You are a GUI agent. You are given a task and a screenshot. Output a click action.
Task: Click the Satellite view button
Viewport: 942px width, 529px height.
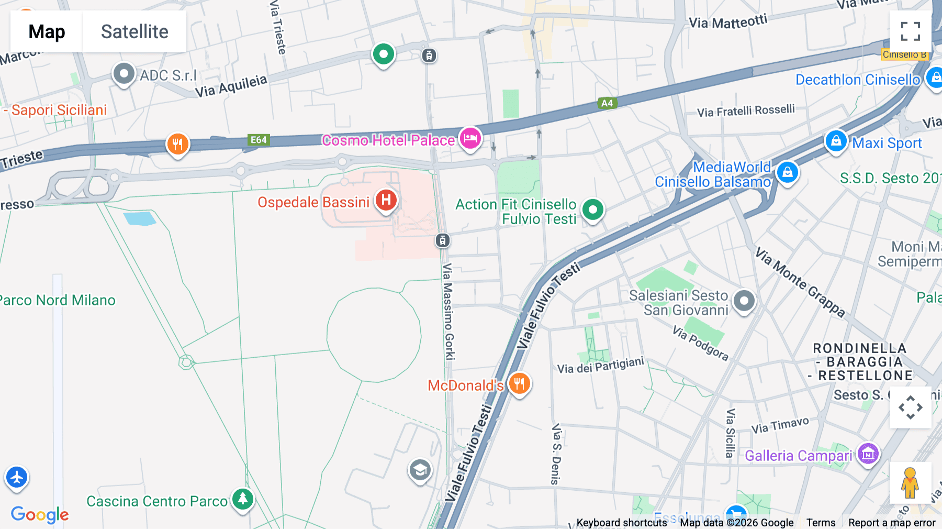134,31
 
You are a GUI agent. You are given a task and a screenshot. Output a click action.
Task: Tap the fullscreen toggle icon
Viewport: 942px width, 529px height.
910,31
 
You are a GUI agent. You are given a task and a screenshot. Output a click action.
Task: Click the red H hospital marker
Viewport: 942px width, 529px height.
386,200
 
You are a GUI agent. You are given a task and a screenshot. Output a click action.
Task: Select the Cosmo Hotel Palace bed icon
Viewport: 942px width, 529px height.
470,139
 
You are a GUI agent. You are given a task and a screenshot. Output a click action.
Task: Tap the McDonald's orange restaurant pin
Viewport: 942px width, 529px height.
519,383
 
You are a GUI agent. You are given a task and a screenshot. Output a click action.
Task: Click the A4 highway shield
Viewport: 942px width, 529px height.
607,103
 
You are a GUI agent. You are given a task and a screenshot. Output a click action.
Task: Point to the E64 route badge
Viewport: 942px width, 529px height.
259,140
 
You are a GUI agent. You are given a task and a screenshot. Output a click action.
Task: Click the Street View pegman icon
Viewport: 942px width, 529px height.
910,482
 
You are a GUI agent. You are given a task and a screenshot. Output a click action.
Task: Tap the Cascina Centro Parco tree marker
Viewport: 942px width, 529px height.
243,499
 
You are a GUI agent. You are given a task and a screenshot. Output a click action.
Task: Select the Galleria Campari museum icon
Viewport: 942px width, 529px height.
868,454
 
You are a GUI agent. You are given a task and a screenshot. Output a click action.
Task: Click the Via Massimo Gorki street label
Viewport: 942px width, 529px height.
448,312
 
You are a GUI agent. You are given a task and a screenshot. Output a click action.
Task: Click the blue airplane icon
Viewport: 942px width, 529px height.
17,477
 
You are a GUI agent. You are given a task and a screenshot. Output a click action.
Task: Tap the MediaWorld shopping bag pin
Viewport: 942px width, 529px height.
787,172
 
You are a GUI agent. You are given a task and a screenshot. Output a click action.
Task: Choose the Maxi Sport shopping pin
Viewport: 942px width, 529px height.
836,141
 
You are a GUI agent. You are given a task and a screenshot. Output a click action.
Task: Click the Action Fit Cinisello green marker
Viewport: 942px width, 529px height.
592,210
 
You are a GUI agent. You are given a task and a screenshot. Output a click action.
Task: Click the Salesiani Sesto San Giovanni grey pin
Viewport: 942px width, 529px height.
744,301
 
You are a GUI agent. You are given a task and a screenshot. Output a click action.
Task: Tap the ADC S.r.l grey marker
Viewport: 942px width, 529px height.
124,74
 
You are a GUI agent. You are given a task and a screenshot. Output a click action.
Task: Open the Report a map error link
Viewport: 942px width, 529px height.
892,523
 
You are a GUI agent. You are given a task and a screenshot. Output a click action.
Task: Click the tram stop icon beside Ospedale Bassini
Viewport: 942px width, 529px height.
443,240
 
